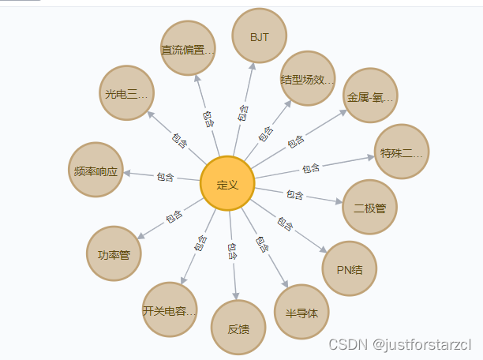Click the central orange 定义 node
pos(227,185)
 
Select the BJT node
pos(258,36)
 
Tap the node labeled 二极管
pos(370,208)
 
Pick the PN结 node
pos(350,269)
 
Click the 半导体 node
pos(301,312)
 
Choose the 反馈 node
pos(238,328)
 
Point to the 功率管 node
pos(114,254)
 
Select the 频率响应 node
pos(96,170)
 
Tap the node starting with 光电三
pos(126,94)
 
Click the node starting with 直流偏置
pos(188,50)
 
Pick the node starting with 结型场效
pos(308,79)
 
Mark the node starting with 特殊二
pos(401,152)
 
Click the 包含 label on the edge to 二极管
pos(294,194)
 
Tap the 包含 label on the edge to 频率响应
pos(165,176)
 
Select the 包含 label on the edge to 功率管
pos(174,217)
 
